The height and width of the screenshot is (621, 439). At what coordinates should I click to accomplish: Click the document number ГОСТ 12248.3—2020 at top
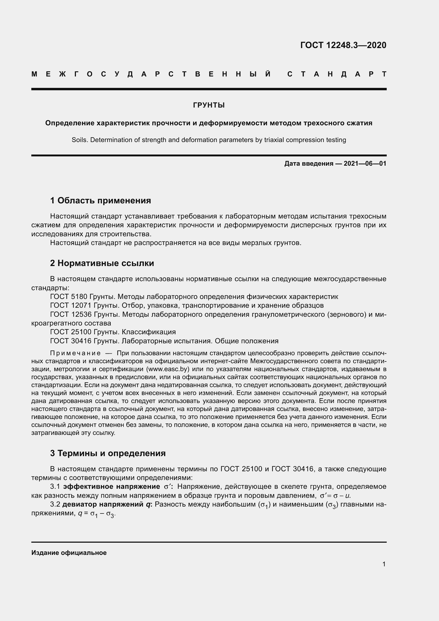(343, 45)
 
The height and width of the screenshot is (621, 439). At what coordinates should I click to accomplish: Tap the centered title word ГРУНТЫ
(209, 105)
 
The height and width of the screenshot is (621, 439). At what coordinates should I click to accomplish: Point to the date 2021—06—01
(365, 164)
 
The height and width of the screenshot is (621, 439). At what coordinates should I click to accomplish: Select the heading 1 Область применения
(100, 201)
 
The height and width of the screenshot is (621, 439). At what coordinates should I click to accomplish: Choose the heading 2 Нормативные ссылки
(102, 263)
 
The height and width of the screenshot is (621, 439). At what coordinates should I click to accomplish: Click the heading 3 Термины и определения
(107, 453)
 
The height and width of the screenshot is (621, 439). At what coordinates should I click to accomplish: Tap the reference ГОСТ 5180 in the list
(69, 297)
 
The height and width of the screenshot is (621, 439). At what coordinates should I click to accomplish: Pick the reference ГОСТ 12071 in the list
(71, 306)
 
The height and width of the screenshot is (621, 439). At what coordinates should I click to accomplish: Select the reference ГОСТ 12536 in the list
(71, 315)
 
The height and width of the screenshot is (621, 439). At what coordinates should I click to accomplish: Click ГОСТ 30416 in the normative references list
(71, 341)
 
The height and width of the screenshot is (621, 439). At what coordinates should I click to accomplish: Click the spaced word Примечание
(75, 353)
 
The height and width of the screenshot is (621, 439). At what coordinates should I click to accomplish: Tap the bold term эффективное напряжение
(111, 487)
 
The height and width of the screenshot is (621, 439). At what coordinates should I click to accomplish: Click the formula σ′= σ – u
(335, 496)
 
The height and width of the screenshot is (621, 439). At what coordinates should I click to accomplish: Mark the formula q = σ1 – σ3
(97, 514)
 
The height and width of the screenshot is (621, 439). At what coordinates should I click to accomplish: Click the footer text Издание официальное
(69, 553)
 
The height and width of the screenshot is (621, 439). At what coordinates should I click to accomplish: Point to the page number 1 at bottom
(384, 564)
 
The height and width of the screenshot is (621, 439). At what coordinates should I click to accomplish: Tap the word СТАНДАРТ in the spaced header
(337, 74)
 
